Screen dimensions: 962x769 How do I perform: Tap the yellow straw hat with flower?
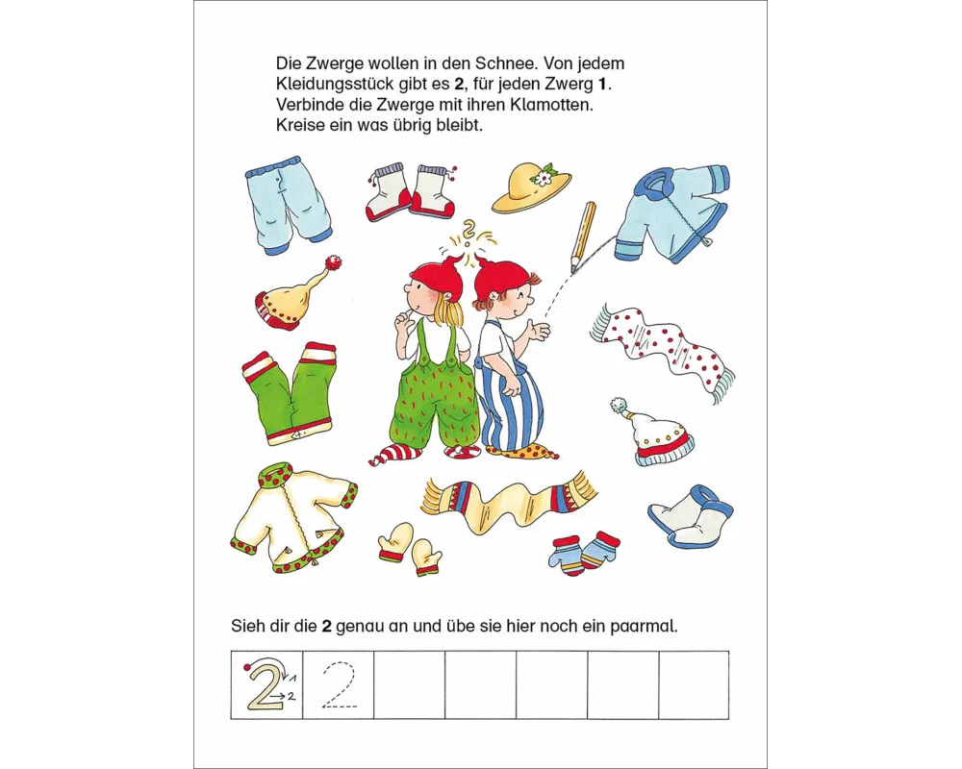pos(530,187)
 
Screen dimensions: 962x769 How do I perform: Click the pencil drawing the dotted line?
pos(584,236)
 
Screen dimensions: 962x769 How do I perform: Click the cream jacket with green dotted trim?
pos(293,518)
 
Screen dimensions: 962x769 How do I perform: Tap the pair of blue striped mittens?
pos(584,553)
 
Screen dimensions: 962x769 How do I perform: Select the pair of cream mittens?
pos(409,548)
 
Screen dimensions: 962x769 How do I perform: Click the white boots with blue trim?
pos(692,514)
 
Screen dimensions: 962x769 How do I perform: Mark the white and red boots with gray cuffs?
pos(412,192)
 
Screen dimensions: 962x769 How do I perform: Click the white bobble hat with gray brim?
pos(654,432)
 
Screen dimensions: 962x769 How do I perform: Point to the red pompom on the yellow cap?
pos(333,263)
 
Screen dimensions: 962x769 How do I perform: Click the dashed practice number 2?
pos(339,685)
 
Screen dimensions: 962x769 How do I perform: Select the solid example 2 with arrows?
pos(267,684)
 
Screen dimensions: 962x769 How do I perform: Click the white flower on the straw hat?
pos(543,179)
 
